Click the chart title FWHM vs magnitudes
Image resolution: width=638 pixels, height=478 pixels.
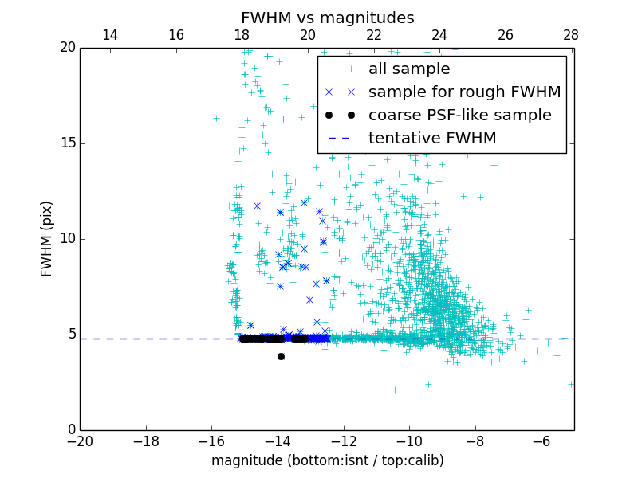coord(327,18)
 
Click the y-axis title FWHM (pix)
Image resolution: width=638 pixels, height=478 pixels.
coord(47,238)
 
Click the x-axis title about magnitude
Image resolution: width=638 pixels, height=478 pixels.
coord(327,460)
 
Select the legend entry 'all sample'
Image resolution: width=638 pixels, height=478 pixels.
coord(408,69)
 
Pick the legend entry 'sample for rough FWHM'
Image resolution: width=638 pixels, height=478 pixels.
coord(464,92)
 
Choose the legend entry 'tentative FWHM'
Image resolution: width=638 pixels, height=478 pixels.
coord(432,138)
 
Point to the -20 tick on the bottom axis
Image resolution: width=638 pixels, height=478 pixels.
coord(81,441)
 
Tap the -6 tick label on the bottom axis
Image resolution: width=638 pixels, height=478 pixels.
coord(541,441)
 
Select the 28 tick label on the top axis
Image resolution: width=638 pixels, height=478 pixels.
coord(571,35)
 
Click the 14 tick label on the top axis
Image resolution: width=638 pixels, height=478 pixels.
coord(110,35)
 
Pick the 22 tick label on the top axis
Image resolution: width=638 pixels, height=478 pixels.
coord(374,35)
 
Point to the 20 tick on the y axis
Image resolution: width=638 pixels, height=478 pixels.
coord(67,48)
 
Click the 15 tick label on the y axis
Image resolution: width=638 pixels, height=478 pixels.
coord(67,143)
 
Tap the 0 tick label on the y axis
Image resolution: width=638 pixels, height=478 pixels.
coord(71,430)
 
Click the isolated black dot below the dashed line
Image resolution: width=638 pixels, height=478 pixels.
coord(281,356)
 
